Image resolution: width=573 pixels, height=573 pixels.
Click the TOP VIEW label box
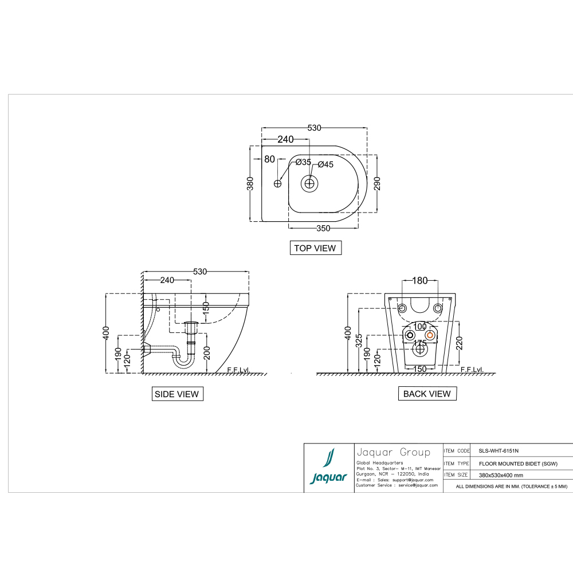click(x=316, y=248)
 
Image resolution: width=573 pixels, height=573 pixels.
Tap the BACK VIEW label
click(x=427, y=394)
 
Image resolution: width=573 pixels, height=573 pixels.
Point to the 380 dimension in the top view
click(x=250, y=183)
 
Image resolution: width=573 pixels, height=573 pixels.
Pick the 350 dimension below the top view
click(x=323, y=228)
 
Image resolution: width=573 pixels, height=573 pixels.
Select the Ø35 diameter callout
click(x=303, y=162)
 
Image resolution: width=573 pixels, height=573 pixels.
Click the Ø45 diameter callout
click(x=325, y=164)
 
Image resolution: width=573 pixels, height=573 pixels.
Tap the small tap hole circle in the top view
click(x=278, y=183)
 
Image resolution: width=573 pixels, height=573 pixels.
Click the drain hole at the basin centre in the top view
click(x=310, y=183)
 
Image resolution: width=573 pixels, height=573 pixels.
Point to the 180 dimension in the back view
click(x=420, y=281)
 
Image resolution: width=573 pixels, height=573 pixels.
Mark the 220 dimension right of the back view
click(x=459, y=343)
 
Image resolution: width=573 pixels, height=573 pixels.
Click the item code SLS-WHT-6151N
click(x=499, y=451)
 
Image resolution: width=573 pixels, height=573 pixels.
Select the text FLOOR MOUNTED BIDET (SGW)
click(x=517, y=464)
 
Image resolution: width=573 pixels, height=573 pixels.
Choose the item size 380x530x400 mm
click(x=500, y=475)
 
